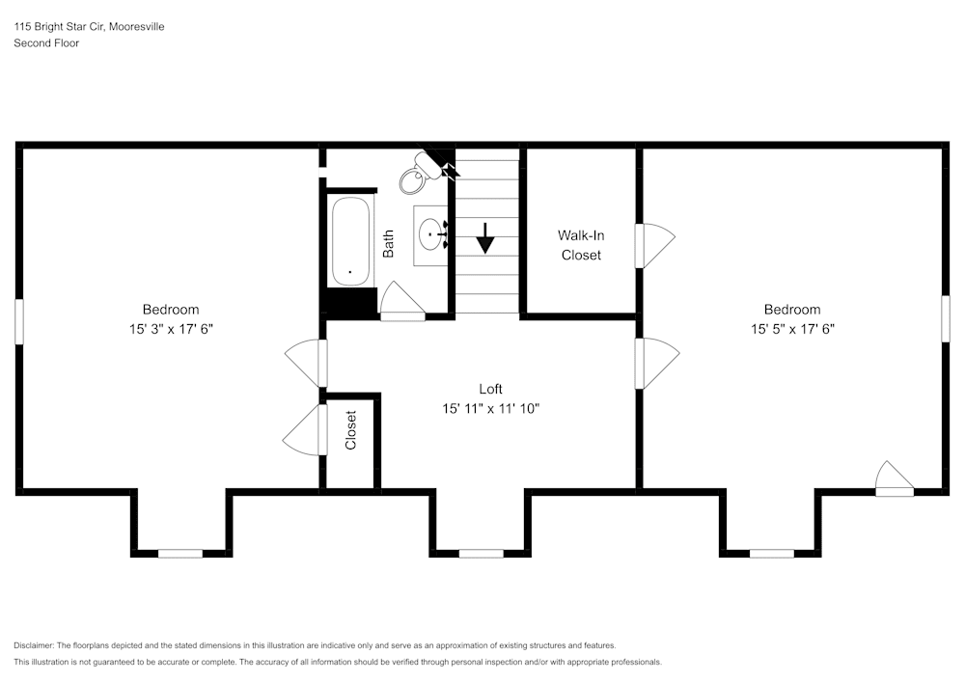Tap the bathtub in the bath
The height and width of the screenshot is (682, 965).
[351, 241]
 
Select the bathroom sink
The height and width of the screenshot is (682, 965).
[431, 232]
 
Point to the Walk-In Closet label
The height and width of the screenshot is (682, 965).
[581, 245]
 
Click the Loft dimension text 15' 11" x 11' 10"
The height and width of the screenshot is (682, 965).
[490, 408]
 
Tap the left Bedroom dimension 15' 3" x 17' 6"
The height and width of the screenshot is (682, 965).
[171, 328]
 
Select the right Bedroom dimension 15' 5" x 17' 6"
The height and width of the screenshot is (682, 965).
[792, 328]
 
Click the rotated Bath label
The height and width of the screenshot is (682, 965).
[388, 243]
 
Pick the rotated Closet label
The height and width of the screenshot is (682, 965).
[351, 430]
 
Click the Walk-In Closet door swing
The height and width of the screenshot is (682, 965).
[654, 245]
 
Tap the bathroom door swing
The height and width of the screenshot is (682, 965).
[402, 301]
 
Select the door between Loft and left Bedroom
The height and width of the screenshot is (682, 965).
[307, 363]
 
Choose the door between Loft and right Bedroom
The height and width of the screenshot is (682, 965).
[656, 363]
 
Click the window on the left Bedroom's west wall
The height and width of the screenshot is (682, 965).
[18, 320]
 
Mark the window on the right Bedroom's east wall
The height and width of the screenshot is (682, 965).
[946, 317]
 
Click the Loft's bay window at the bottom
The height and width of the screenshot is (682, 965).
[481, 553]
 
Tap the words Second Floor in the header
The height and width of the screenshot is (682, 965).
[46, 43]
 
